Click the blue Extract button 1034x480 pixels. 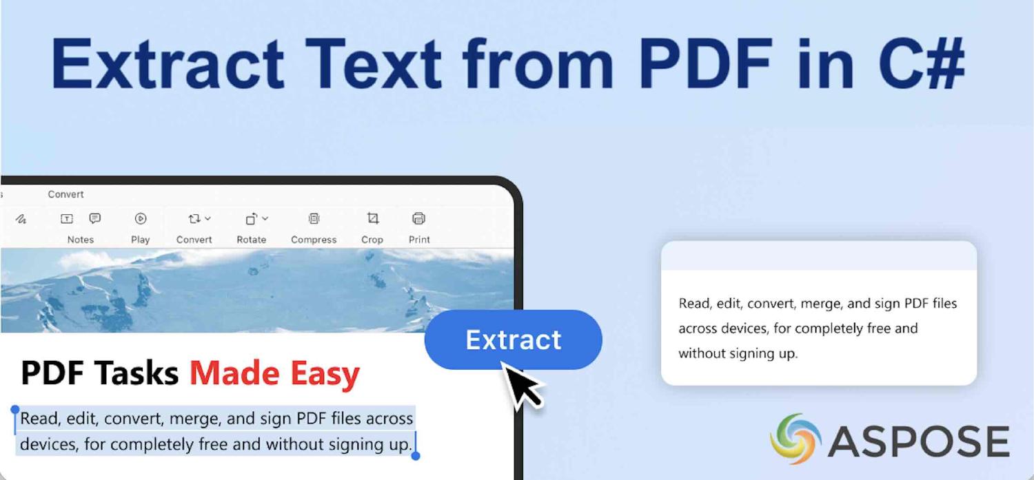(x=513, y=340)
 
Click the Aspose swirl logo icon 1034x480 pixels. (x=795, y=439)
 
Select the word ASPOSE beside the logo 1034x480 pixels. (x=919, y=441)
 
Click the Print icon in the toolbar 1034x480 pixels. (x=418, y=219)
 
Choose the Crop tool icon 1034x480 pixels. (x=372, y=219)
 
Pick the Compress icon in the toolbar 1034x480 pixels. (x=314, y=219)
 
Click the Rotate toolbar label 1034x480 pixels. (x=251, y=240)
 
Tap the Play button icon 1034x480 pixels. (x=141, y=219)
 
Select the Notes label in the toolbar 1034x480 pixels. (x=80, y=240)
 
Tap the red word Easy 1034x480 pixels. (x=325, y=373)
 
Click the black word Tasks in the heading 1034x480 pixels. (x=137, y=373)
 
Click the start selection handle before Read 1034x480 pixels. (x=15, y=410)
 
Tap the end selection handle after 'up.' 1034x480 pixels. (x=416, y=455)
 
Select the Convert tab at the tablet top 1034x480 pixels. (x=65, y=194)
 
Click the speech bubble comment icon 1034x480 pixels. (x=95, y=218)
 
